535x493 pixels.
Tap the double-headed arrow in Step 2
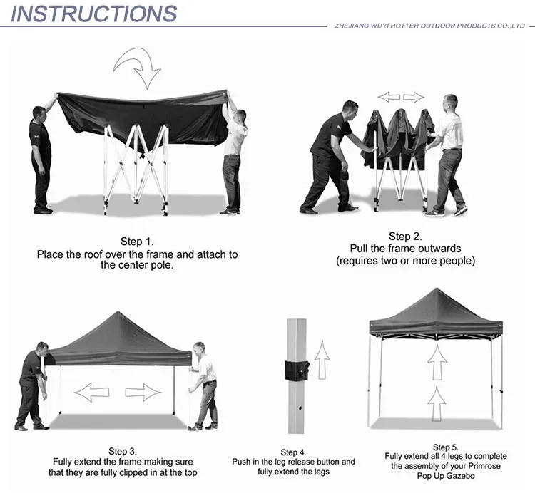[401, 97]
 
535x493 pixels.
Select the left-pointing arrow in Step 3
[91, 391]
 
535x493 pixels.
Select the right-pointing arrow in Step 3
[143, 391]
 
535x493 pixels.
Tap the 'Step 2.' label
[405, 237]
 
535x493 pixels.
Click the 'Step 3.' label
[122, 450]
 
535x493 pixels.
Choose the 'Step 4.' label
[293, 452]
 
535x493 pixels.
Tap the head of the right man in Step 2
[450, 101]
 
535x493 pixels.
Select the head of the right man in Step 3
[199, 350]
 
